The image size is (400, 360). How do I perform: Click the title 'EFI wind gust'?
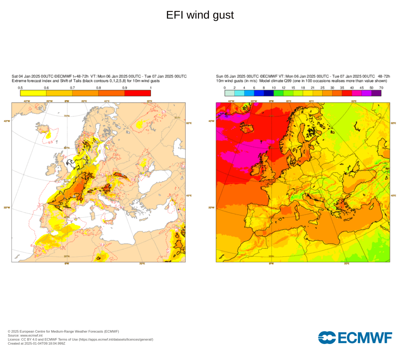[x=200, y=15]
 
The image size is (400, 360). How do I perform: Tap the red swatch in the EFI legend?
[x=137, y=93]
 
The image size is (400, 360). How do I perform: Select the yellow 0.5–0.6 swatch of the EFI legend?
[x=33, y=93]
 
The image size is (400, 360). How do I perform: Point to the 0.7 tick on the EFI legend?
[x=73, y=88]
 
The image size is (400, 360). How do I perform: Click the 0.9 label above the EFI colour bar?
[x=125, y=88]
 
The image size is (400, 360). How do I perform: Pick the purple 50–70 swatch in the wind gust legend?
[x=376, y=93]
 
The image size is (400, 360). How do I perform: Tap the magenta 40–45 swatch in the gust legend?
[x=357, y=93]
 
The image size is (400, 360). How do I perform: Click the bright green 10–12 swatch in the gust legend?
[x=279, y=93]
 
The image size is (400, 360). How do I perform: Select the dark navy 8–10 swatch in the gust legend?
[x=269, y=93]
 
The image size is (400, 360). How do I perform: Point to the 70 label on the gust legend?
[x=381, y=88]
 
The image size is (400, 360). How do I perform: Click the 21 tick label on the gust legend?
[x=312, y=88]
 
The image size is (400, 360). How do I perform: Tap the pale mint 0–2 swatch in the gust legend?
[x=230, y=93]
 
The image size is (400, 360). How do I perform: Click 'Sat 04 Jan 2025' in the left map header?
[x=26, y=76]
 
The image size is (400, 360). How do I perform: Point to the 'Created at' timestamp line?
[x=37, y=343]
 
